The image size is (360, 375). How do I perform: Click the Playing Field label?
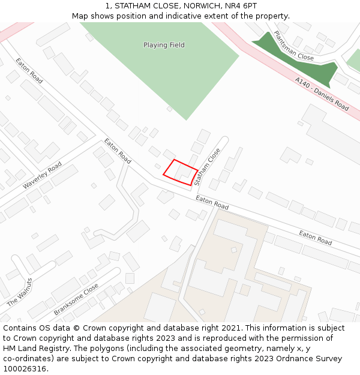pos(164,45)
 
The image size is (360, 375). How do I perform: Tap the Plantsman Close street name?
pos(293,46)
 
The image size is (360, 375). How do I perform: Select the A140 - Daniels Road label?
pos(322,94)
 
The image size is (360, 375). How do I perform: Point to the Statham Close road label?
pos(208,166)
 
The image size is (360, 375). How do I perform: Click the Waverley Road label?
pos(42,175)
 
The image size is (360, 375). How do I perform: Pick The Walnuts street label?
pos(20,292)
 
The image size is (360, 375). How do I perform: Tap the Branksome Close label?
pos(76,299)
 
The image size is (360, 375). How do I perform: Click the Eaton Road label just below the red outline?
pos(212,202)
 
